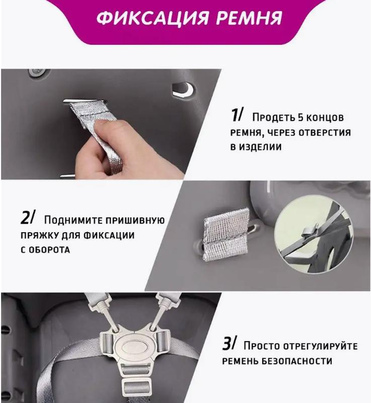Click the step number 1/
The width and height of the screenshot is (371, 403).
click(x=236, y=115)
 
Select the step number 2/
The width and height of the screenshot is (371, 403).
click(x=27, y=217)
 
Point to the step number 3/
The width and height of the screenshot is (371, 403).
click(x=228, y=343)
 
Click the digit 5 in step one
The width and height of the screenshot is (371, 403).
click(x=301, y=117)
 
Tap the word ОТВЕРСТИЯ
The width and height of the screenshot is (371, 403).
click(x=325, y=133)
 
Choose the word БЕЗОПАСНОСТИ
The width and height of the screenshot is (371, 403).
click(x=297, y=361)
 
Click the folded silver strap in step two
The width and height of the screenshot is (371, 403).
click(x=227, y=234)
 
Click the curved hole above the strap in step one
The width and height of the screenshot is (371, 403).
click(x=183, y=90)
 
